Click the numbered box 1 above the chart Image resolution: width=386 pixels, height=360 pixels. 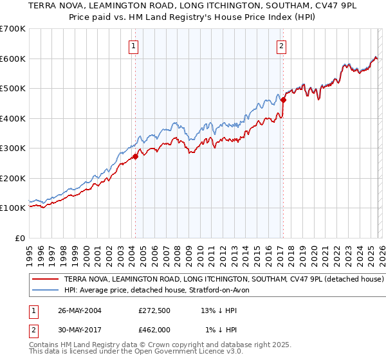pos(133,46)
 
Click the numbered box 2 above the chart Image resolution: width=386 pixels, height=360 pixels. pos(282,46)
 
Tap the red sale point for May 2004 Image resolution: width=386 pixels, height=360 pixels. pos(135,156)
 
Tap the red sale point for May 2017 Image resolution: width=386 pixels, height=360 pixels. pos(283,100)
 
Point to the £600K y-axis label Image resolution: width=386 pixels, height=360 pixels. pos(12,59)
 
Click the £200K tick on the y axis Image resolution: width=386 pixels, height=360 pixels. pos(12,178)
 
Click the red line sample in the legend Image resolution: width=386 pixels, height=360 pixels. pos(46,280)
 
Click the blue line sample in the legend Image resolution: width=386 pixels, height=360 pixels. pos(46,291)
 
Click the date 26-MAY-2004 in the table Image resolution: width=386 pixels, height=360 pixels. pos(80,310)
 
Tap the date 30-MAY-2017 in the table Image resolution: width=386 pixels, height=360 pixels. pos(80,330)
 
